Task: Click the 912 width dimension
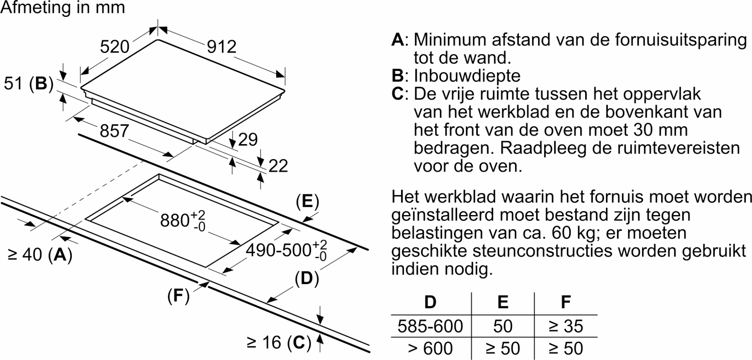click(x=222, y=47)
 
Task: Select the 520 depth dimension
click(x=114, y=47)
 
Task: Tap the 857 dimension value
click(x=114, y=131)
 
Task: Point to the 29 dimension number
click(x=248, y=139)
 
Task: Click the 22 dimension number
click(x=278, y=166)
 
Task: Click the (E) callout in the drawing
click(x=307, y=202)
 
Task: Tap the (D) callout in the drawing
click(x=307, y=279)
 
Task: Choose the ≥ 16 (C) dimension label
click(x=279, y=343)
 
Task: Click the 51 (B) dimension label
click(x=29, y=84)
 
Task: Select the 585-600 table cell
click(x=430, y=326)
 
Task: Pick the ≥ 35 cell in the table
click(x=566, y=326)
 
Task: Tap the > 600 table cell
click(x=430, y=348)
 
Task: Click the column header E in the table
click(x=503, y=302)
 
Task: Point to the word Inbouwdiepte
click(x=467, y=76)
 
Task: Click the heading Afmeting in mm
click(x=63, y=7)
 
